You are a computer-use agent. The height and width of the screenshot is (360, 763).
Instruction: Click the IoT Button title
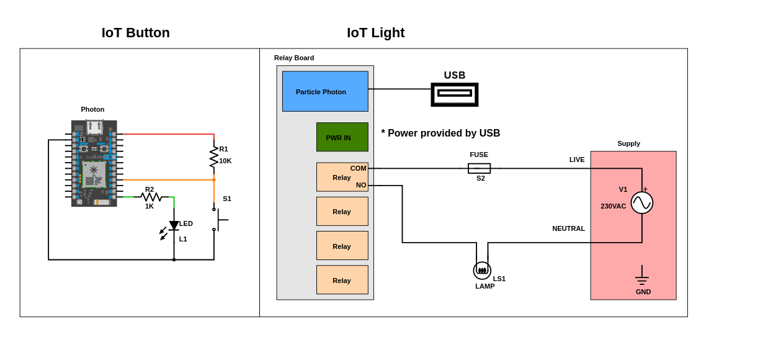click(135, 33)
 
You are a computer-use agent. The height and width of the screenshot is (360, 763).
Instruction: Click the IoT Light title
click(375, 33)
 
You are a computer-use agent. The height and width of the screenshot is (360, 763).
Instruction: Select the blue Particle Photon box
click(325, 91)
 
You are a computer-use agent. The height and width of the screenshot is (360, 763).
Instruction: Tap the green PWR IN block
click(342, 137)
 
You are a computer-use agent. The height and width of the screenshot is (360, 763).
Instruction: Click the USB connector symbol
click(455, 94)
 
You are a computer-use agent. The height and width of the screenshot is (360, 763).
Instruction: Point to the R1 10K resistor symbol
click(214, 156)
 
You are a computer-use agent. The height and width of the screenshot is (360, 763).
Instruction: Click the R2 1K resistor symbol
click(151, 197)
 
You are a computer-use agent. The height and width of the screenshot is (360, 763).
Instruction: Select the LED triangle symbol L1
click(174, 225)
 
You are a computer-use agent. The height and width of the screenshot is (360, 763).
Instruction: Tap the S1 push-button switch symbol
click(218, 220)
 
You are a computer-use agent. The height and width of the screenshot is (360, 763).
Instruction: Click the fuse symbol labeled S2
click(479, 168)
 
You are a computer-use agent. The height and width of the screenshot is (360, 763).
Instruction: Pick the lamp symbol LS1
click(482, 270)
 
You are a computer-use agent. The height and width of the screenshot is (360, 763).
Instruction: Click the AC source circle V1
click(642, 202)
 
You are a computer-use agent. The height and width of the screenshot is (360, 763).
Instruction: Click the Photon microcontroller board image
click(94, 163)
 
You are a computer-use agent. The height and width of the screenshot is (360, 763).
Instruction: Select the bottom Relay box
click(342, 280)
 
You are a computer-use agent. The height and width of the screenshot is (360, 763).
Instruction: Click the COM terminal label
click(358, 168)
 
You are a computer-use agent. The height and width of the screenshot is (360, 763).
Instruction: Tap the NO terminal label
click(361, 185)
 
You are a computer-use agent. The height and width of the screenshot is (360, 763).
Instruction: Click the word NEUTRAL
click(568, 228)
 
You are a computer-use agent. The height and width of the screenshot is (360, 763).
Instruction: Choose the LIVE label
click(577, 160)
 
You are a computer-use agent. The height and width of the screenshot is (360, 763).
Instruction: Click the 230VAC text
click(613, 206)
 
